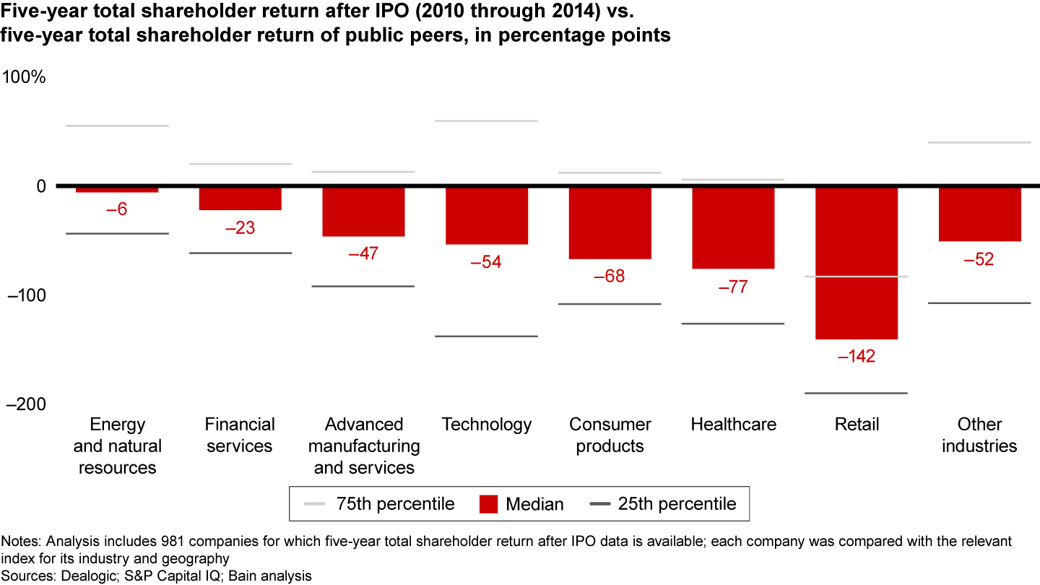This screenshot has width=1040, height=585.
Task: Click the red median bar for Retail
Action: click(x=857, y=263)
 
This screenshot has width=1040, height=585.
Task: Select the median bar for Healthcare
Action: click(x=733, y=227)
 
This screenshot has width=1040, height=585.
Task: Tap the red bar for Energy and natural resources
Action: click(x=117, y=189)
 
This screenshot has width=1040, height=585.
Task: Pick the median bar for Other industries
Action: click(x=980, y=214)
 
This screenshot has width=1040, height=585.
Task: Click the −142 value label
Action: click(x=857, y=356)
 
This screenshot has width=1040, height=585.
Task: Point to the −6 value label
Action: click(x=117, y=209)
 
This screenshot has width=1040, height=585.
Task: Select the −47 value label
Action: click(x=363, y=253)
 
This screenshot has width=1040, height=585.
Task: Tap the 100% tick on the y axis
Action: click(x=25, y=77)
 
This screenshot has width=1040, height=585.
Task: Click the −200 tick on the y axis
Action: click(x=25, y=404)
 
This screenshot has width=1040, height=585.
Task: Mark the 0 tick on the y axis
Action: click(x=40, y=186)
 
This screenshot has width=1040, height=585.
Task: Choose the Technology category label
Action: click(x=487, y=425)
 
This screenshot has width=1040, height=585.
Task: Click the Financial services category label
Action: click(x=240, y=435)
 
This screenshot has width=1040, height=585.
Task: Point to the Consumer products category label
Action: click(x=610, y=435)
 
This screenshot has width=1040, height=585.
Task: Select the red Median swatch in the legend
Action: click(x=488, y=503)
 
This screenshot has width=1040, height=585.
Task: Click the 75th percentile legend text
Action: click(x=395, y=503)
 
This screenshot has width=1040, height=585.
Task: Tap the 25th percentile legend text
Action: click(x=677, y=503)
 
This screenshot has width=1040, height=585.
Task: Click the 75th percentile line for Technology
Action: click(x=487, y=121)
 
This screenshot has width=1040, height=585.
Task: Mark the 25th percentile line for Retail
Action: click(x=857, y=393)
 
